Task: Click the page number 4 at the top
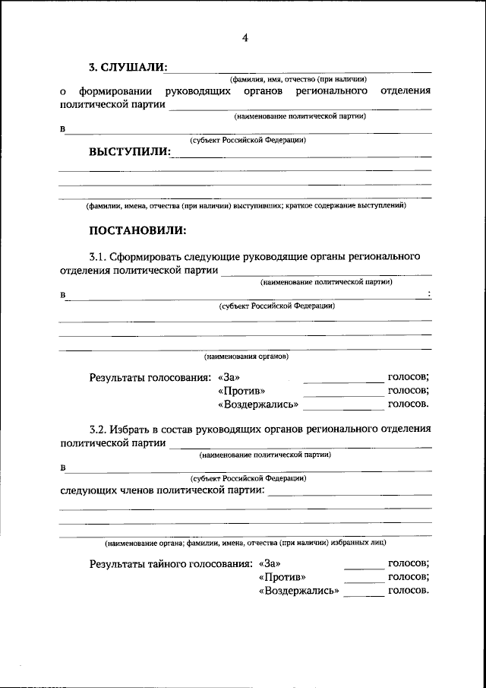tap(245, 38)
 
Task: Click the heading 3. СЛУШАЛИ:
tap(128, 67)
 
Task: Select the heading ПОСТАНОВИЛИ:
tap(137, 230)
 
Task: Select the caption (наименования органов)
tap(246, 356)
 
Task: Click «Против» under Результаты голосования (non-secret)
tap(237, 391)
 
